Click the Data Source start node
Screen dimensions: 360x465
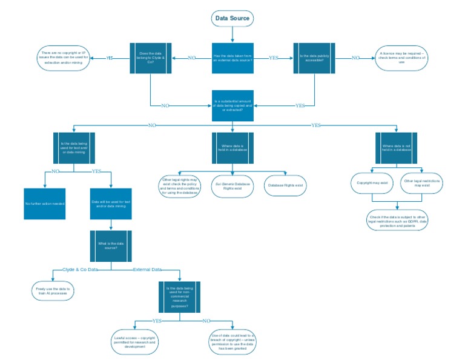point(232,19)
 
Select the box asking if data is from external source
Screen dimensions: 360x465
point(232,58)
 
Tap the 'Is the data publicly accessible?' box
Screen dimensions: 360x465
point(314,58)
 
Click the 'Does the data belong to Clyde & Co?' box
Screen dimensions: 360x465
point(151,58)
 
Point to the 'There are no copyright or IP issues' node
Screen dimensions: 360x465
point(64,58)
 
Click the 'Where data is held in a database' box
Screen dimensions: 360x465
point(232,148)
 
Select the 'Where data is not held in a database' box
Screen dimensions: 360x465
point(397,148)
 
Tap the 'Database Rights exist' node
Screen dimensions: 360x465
point(285,185)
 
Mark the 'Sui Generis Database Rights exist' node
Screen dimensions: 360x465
point(232,185)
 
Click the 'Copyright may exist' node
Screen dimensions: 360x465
point(372,182)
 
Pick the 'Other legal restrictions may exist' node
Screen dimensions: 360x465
point(422,182)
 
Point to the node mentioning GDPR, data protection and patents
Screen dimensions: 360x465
point(397,221)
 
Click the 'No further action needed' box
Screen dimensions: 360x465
point(45,204)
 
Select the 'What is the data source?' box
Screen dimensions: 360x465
point(108,245)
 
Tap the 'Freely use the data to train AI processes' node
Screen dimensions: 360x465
point(52,290)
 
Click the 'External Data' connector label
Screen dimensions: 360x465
point(147,269)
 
